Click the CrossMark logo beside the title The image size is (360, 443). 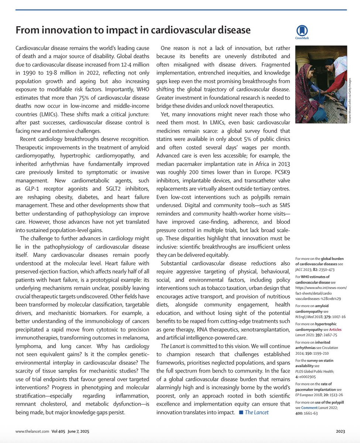point(302,32)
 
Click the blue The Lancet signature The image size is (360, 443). point(256,412)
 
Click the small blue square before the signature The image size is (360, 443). point(241,412)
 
